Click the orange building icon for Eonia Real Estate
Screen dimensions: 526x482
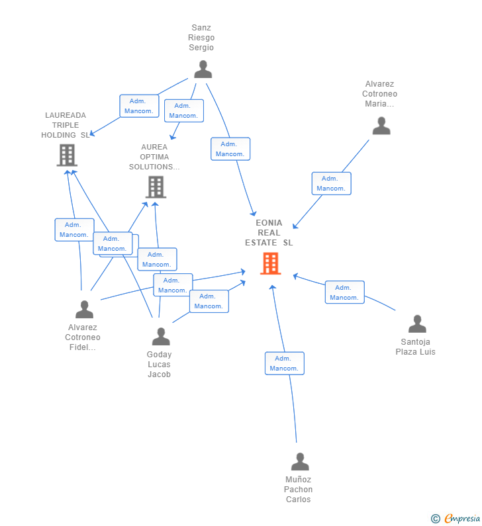point(270,263)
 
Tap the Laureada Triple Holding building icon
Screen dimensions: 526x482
point(67,155)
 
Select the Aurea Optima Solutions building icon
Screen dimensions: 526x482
point(156,187)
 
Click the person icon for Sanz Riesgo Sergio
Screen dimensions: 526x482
point(203,69)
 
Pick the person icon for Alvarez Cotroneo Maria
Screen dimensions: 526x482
point(381,126)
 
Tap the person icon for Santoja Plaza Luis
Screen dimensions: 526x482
point(417,324)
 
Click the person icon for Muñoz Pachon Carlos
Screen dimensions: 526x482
point(300,462)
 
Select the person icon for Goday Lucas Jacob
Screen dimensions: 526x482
point(160,337)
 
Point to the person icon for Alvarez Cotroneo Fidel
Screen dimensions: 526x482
point(84,310)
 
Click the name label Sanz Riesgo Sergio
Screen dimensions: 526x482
point(201,38)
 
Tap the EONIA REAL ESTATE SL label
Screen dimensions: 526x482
point(269,233)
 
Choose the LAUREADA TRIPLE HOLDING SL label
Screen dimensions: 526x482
point(66,125)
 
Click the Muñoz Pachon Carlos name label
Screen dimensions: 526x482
point(299,490)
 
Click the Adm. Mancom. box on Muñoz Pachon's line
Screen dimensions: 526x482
point(285,363)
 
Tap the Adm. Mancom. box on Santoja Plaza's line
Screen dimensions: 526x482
point(344,292)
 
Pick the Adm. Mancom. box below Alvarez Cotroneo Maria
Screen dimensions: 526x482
point(331,183)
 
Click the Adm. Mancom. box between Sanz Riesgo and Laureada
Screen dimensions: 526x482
point(139,106)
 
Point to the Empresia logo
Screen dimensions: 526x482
point(456,519)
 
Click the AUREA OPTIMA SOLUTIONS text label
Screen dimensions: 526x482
point(154,157)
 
